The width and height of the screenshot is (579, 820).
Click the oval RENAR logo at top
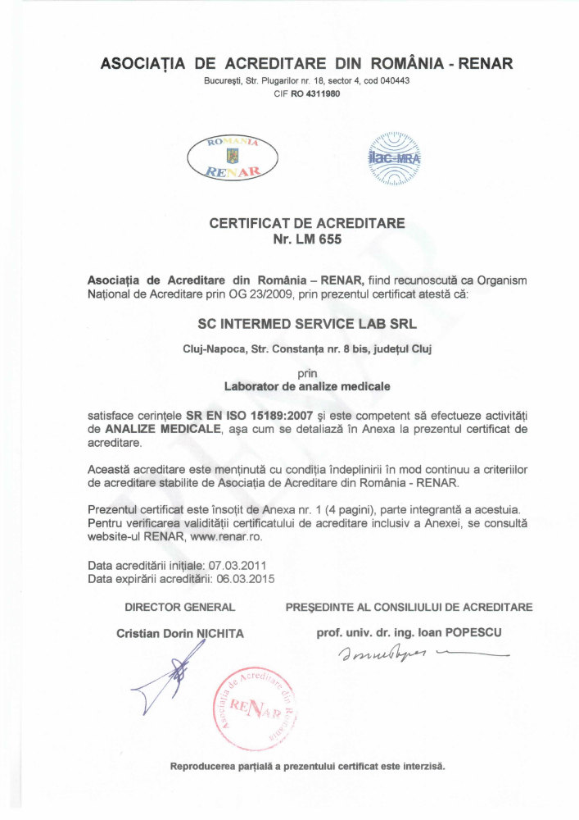(233, 157)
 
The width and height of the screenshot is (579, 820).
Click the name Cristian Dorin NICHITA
(180, 633)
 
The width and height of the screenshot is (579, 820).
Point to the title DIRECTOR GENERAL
(180, 608)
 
